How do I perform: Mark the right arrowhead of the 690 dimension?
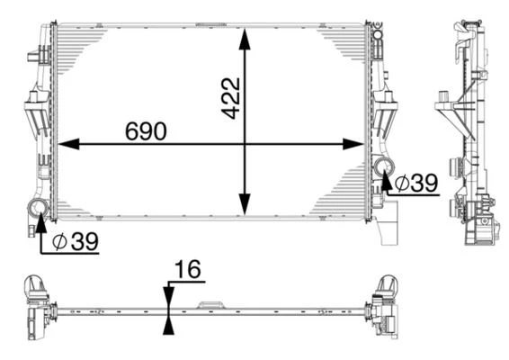[361, 143]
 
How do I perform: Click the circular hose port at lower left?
[40, 210]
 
